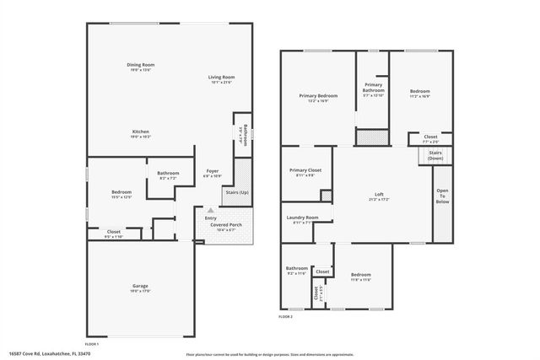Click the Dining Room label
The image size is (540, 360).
point(141,65)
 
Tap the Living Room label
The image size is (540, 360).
point(221,78)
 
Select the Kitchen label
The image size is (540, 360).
point(141,131)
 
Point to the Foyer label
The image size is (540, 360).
point(213,171)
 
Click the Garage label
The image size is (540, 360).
point(140,287)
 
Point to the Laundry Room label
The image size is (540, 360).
point(302,218)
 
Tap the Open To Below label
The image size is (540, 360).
point(443,196)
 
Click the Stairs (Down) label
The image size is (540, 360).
point(435,155)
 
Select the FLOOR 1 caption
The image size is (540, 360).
point(92,344)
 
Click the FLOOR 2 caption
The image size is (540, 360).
point(285,316)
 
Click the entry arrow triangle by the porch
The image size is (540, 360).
point(210,210)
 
